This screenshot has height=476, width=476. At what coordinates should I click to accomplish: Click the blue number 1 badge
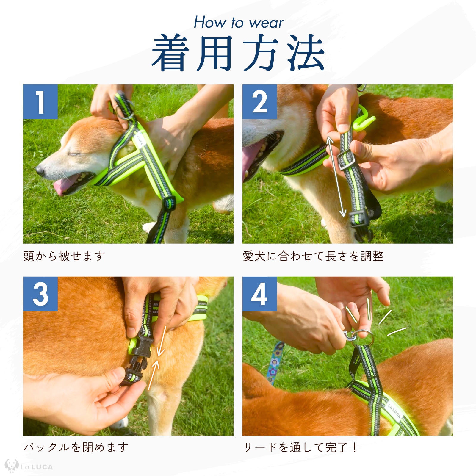40,102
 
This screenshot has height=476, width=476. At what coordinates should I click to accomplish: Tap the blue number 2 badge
259,102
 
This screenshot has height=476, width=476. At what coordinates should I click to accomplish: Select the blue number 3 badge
40,294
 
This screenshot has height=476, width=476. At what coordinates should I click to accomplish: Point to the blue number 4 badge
259,294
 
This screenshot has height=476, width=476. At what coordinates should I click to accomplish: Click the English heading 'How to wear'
239,23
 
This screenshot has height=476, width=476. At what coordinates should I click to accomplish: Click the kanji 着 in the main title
170,53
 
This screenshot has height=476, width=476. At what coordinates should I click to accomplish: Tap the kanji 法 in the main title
306,53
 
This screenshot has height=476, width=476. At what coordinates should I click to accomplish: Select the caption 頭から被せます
64,256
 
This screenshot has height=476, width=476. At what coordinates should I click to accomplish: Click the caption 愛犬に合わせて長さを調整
313,256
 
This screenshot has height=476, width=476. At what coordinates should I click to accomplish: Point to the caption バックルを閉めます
76,447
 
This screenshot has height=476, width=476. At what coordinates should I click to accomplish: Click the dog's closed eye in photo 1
74,154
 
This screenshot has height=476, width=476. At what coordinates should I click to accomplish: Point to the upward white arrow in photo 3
153,375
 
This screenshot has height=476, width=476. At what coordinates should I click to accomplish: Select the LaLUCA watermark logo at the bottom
29,466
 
